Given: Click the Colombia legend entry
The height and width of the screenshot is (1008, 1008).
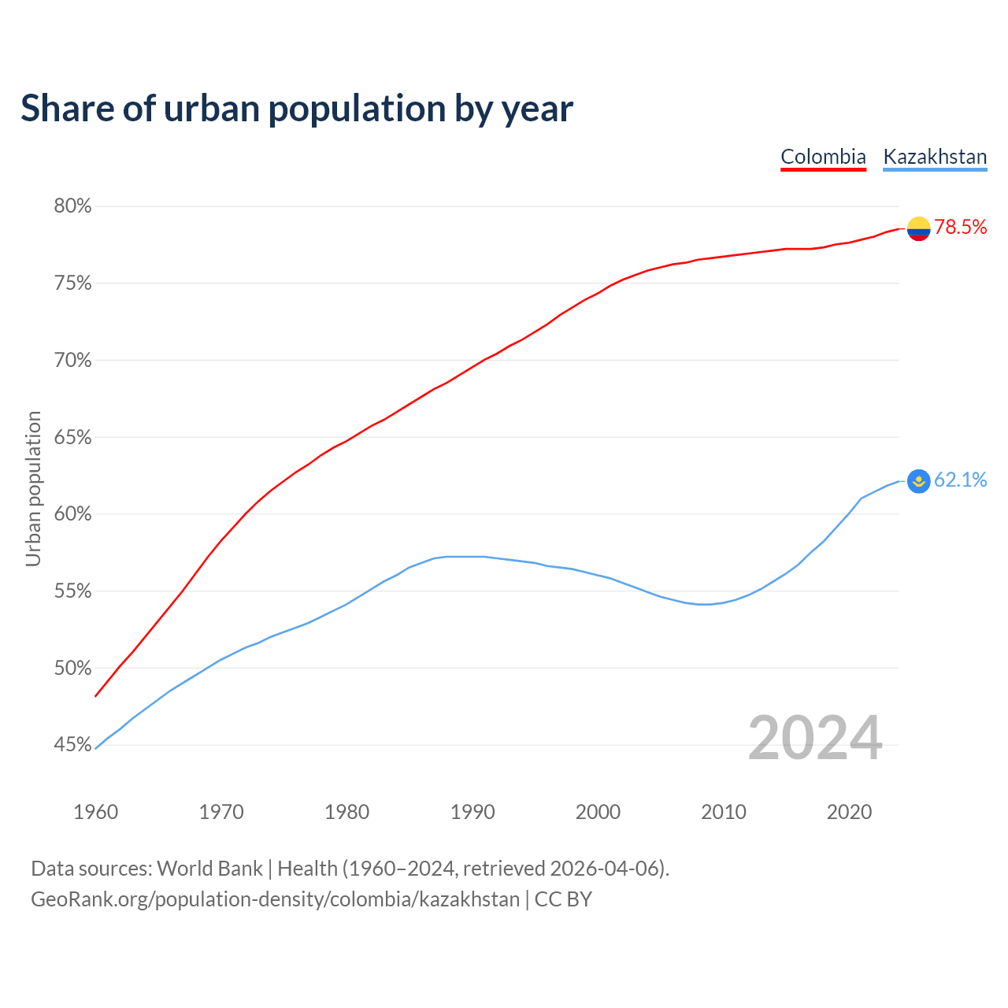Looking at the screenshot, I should click(823, 157).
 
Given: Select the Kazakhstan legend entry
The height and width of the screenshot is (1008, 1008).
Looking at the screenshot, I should click(935, 157).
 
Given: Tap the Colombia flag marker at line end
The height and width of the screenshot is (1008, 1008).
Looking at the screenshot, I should click(918, 228).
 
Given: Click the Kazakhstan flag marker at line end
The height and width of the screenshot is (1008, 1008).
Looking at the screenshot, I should click(918, 480).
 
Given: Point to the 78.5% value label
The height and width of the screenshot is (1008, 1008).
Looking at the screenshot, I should click(961, 228).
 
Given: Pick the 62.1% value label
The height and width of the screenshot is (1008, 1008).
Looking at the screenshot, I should click(961, 480).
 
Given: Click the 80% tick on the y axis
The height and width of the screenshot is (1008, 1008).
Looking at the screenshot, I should click(72, 206).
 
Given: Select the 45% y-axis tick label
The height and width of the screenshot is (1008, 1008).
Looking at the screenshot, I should click(72, 745).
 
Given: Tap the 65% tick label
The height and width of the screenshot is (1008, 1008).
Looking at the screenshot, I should click(72, 437).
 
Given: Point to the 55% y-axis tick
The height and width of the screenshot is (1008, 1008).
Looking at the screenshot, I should click(72, 591).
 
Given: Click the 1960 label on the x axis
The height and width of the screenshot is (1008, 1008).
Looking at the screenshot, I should click(95, 812).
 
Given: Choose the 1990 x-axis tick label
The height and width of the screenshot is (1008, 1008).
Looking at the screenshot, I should click(472, 812).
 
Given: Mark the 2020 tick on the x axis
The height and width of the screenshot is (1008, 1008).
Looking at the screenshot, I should click(849, 812).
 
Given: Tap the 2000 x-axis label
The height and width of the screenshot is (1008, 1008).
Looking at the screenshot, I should click(598, 812).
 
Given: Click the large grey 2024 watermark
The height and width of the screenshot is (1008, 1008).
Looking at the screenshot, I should click(815, 738).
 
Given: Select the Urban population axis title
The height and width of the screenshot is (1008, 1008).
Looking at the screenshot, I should click(33, 488).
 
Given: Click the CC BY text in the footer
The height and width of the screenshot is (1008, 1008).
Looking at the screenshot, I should click(563, 899).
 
